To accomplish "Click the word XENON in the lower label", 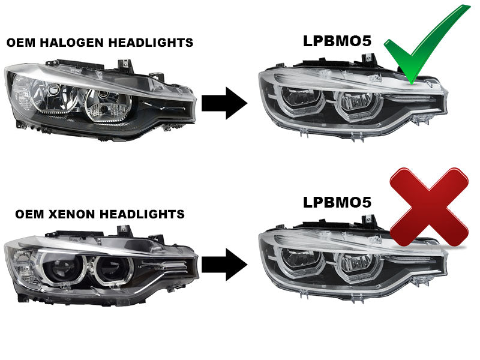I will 77,214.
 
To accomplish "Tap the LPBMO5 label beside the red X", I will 337,202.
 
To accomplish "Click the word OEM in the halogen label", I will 20,43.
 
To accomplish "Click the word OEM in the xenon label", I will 29,214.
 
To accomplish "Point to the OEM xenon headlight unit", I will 99,264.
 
